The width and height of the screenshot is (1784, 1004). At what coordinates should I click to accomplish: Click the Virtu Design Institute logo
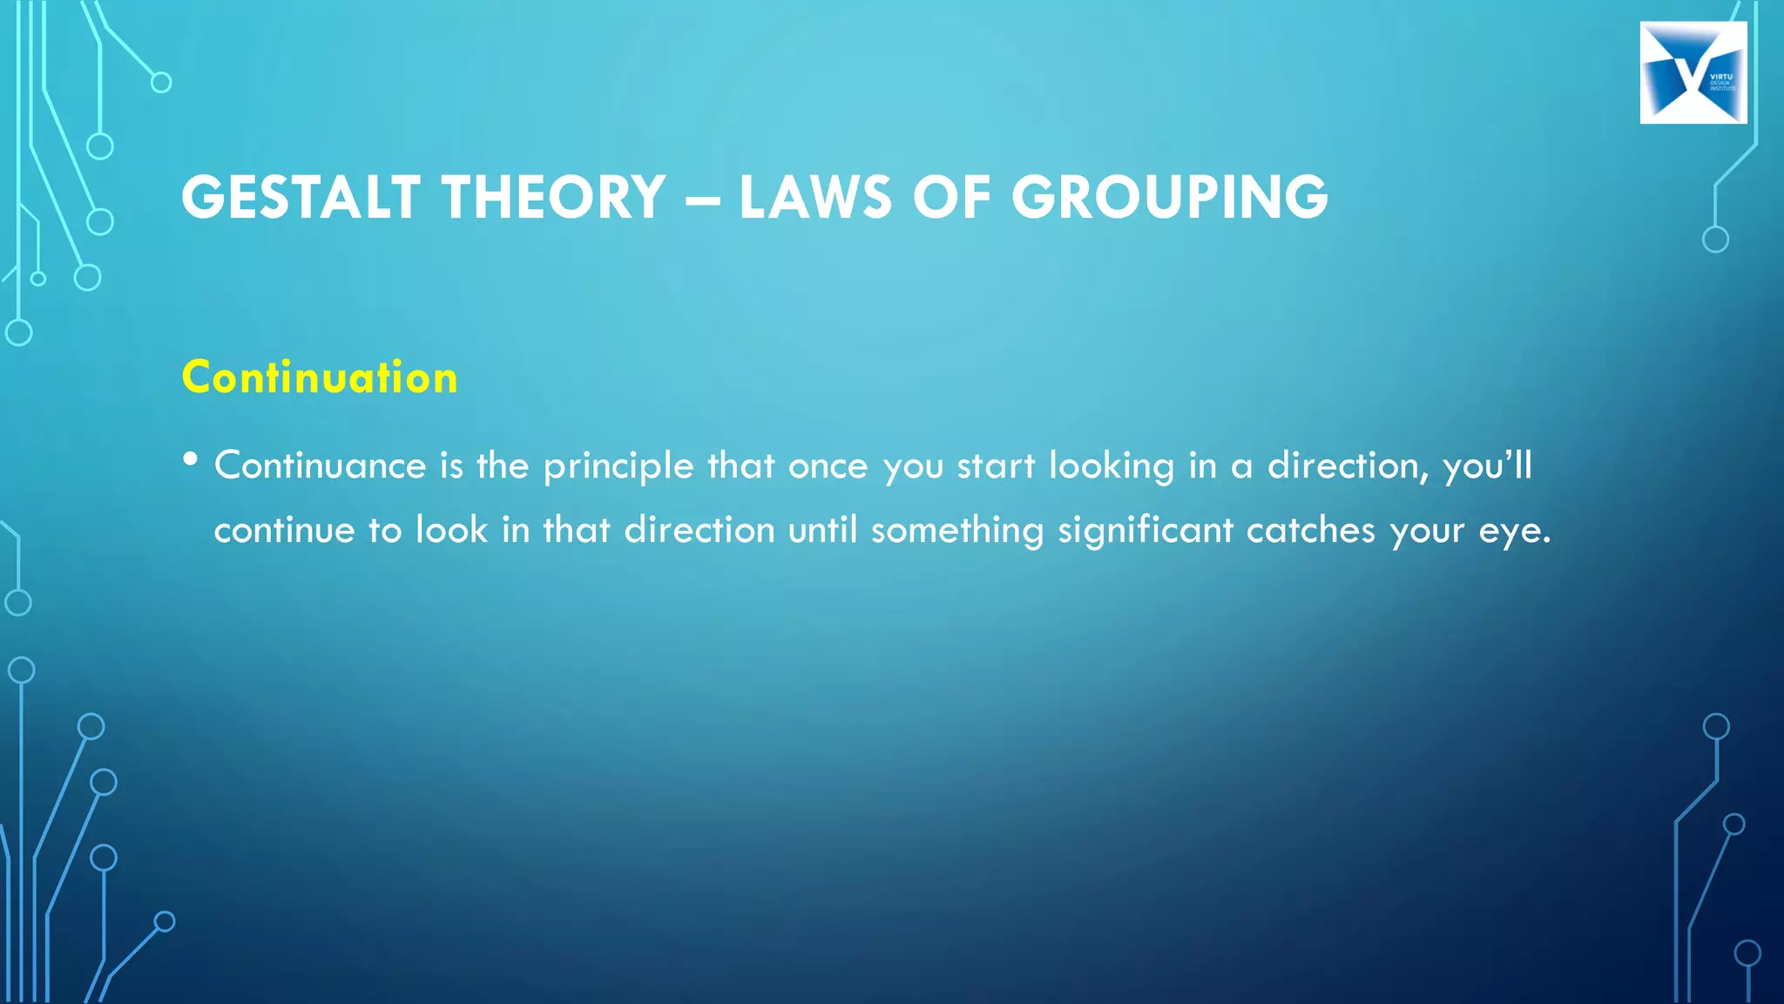coord(1693,72)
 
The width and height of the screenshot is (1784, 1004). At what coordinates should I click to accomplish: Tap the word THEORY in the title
coord(554,197)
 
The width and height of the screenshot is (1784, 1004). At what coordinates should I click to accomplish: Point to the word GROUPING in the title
coord(1170,197)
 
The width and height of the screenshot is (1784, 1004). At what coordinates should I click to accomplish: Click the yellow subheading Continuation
coord(320,377)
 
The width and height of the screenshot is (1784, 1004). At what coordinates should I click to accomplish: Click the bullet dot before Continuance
coord(191,458)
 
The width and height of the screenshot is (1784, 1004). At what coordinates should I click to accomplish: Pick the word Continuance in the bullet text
coord(320,465)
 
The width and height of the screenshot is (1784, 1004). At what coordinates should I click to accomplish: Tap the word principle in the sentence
coord(618,467)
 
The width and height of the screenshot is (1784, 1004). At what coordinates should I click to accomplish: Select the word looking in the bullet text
coord(1112,467)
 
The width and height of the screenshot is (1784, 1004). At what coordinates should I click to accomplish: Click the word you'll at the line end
coord(1487,467)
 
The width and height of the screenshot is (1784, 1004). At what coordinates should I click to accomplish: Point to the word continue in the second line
coord(284,530)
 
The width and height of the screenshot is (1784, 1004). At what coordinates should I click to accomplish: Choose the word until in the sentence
coord(822,530)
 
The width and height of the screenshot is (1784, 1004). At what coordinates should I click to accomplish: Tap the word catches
coord(1310,530)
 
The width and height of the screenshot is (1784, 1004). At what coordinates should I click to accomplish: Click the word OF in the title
coord(952,197)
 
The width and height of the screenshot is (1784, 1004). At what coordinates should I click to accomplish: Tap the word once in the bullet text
coord(828,467)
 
